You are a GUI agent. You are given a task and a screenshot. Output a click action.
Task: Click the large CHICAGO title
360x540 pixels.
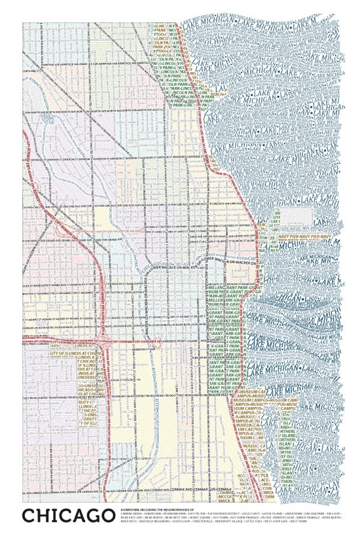[65, 516]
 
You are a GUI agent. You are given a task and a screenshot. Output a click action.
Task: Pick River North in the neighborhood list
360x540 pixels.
[333, 516]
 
